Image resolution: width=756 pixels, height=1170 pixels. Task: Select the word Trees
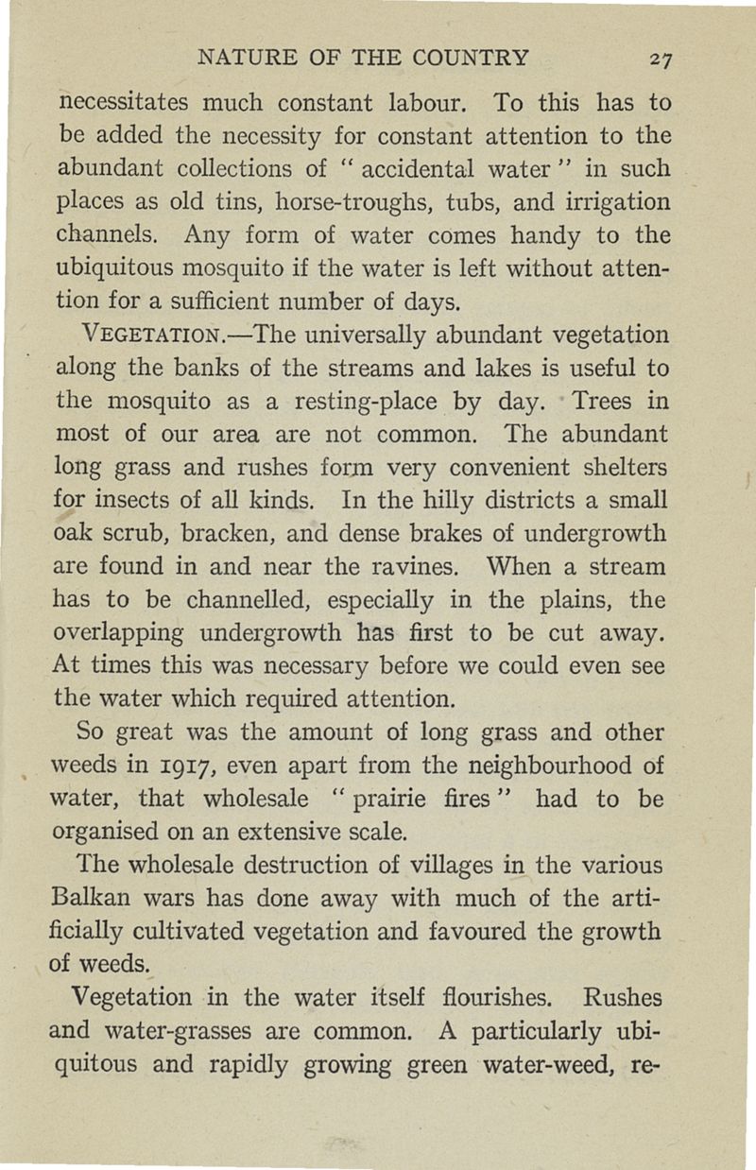583,402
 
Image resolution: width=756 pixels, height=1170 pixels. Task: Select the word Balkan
95,899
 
